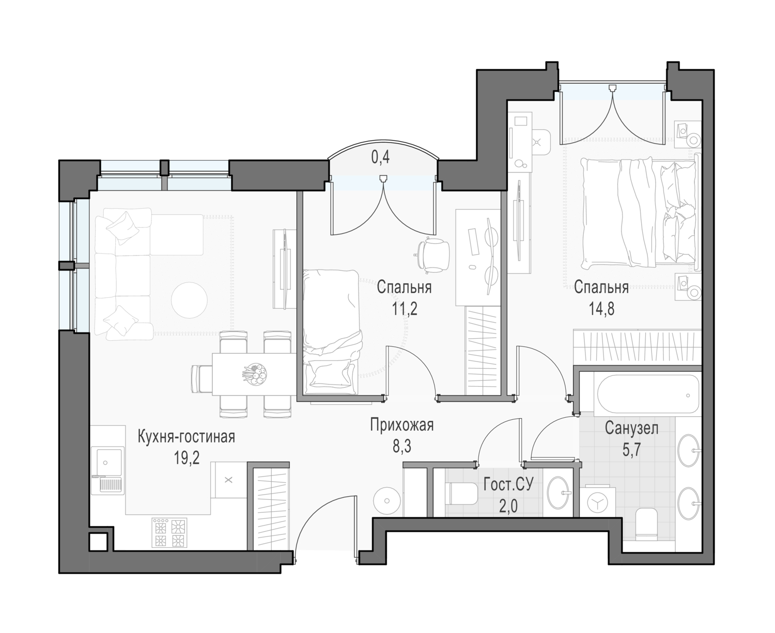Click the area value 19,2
coord(187,458)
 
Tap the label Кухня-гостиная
coord(187,437)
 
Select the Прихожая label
coord(401,425)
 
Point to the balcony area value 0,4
coord(380,157)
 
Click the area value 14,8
coord(601,309)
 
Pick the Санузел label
coord(631,428)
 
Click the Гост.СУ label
coord(508,485)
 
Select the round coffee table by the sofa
coord(189,300)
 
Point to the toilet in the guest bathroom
coord(461,494)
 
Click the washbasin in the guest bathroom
coord(559,493)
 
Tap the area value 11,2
coord(404,309)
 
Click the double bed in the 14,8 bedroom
coord(639,213)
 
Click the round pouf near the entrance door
coord(386,500)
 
